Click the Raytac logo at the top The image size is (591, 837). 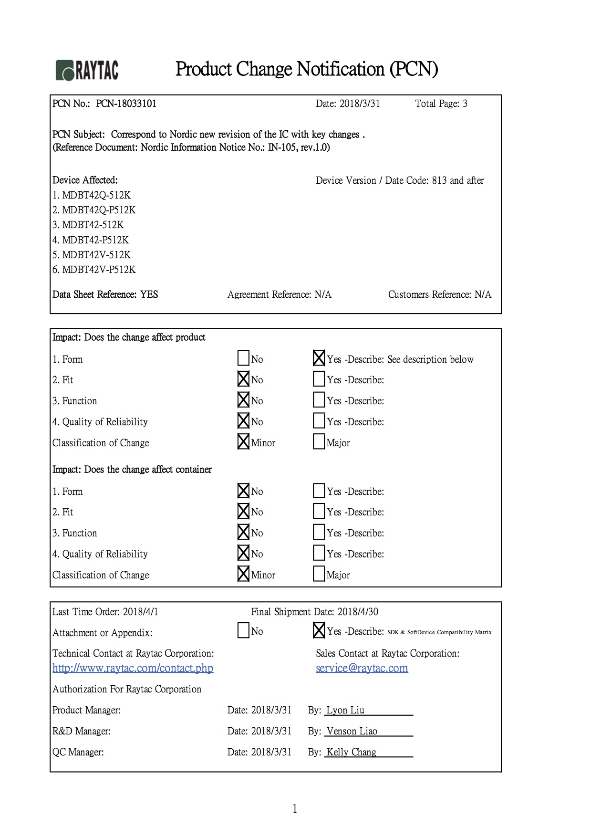tap(87, 71)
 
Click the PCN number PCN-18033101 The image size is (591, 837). tap(126, 104)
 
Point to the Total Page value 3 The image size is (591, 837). tap(465, 104)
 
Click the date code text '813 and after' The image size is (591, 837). tap(458, 180)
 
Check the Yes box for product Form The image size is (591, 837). tap(319, 358)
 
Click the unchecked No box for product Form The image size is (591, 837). tap(243, 358)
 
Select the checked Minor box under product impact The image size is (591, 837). tap(243, 441)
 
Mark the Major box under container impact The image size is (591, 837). tap(319, 574)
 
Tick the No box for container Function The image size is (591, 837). tap(243, 532)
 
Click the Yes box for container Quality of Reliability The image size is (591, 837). tap(319, 553)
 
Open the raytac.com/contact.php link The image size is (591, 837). tap(133, 668)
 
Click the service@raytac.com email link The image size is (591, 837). tap(362, 668)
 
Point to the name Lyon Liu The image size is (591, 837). tap(345, 710)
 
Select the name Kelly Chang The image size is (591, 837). tap(352, 752)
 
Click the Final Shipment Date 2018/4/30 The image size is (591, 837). tap(358, 612)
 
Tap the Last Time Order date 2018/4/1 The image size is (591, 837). tap(141, 612)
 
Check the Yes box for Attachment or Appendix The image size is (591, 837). tap(319, 630)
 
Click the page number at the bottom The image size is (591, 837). tap(295, 808)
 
